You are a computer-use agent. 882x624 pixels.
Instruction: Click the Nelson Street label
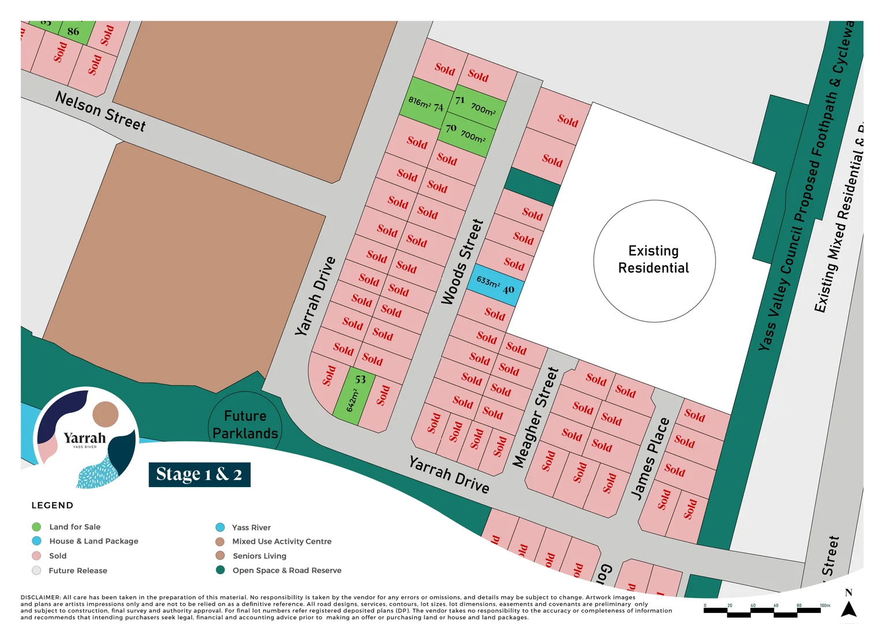(101, 111)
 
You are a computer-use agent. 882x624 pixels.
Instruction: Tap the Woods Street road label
(462, 262)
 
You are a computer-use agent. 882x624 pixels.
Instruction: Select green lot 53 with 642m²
(354, 396)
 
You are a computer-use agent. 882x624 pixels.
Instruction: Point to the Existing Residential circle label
(654, 259)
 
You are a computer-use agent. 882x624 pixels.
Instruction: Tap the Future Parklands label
(245, 425)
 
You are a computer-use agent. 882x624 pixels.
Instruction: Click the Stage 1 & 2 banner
(199, 474)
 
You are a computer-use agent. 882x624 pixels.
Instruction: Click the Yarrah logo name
(85, 438)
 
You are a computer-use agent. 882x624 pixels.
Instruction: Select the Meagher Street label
(535, 417)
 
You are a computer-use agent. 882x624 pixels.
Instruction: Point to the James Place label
(650, 458)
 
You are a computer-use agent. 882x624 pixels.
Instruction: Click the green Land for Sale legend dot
(36, 527)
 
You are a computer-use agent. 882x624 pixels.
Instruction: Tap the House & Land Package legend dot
(36, 541)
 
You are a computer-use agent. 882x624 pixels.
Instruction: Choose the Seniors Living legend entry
(259, 556)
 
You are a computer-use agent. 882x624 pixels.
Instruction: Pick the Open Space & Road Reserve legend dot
(220, 570)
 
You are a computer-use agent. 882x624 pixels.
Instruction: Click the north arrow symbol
(848, 609)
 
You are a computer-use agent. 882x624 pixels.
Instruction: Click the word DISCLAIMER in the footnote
(40, 597)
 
